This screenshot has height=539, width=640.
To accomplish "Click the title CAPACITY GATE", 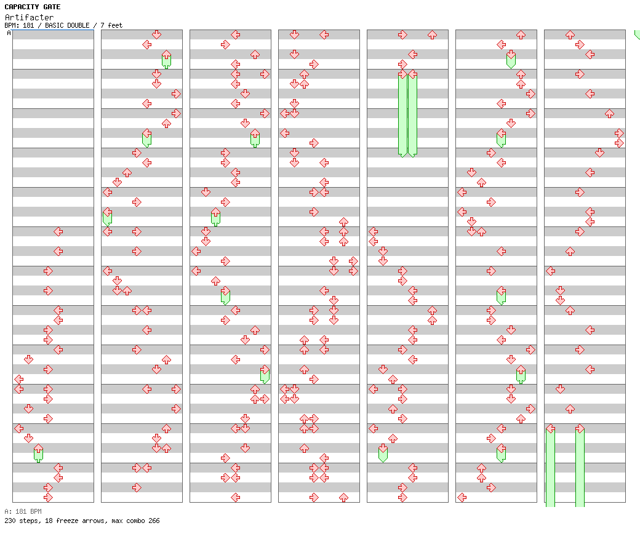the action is [x=32, y=7].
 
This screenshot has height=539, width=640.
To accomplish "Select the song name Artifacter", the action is [x=29, y=17].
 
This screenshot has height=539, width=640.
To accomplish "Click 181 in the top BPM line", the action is [x=28, y=25].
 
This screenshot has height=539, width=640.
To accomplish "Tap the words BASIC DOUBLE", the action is [x=67, y=25].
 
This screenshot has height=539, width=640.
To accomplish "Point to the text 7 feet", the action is [x=111, y=25].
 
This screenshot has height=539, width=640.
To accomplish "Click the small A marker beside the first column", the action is [x=9, y=33].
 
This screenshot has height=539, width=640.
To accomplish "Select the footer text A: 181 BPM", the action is [x=23, y=511].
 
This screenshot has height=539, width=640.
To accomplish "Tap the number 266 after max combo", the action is [x=154, y=521].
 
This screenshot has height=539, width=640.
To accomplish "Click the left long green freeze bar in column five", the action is [x=403, y=114].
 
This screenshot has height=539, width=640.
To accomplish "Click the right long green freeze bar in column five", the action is [x=413, y=114].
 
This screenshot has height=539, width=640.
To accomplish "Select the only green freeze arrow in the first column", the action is [x=38, y=453].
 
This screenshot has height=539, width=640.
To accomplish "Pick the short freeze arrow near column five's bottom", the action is [x=383, y=453].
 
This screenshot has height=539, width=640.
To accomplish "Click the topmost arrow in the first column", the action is [x=58, y=232].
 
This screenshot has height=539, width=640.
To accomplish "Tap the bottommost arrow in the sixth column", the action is [x=462, y=497].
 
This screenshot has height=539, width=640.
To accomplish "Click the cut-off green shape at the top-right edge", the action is [x=637, y=34].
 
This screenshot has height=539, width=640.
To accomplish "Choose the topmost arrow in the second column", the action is [x=157, y=34].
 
